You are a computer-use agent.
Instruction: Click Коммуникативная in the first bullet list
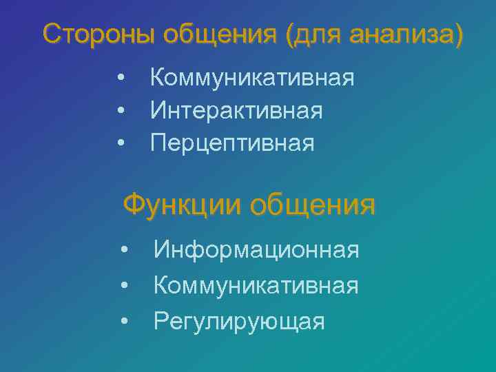[x=252, y=76]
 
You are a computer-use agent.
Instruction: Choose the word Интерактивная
[x=236, y=110]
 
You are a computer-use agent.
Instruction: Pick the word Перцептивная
[x=232, y=143]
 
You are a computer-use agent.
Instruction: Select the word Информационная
[x=256, y=249]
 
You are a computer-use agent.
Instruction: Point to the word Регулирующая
[x=239, y=320]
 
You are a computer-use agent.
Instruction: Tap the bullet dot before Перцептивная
[x=121, y=143]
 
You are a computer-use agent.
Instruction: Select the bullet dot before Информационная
[x=125, y=249]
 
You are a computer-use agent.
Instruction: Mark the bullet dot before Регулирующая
[x=125, y=321]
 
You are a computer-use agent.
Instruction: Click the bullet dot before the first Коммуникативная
[x=121, y=77]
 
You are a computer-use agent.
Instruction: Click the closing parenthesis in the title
[x=459, y=34]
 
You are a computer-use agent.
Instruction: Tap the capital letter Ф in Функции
[x=133, y=205]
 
